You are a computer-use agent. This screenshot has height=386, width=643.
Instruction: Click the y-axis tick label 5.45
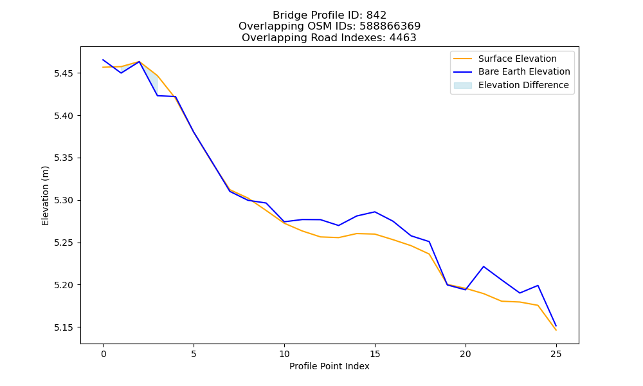coord(63,74)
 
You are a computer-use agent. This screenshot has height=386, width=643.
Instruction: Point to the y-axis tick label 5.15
coord(63,327)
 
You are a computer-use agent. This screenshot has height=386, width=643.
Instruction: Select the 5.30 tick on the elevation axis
coord(63,201)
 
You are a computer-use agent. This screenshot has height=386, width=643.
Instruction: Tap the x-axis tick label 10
coord(284,354)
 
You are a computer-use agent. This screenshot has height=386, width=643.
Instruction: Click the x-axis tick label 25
coord(556,354)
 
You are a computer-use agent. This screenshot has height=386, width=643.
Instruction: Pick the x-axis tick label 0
coord(104,354)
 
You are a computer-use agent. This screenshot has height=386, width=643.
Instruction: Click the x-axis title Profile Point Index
coord(329,366)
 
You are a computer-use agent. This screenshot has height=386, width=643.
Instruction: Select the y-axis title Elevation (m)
coord(45,196)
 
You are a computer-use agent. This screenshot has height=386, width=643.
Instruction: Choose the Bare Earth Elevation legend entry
coord(512,72)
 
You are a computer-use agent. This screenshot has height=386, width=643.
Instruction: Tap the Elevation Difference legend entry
coord(511,85)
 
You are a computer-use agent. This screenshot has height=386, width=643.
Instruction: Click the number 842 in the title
coord(376,15)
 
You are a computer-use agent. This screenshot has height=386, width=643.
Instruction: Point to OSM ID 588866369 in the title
coord(390,26)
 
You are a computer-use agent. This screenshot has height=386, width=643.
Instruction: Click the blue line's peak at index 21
coord(484,266)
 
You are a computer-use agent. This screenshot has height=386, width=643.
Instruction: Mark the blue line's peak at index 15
coord(375,212)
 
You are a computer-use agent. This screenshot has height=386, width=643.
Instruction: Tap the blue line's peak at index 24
coord(538,286)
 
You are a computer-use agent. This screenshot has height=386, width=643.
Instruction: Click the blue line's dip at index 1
coord(121,73)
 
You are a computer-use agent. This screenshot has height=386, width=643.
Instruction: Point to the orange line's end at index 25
coord(556,330)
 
